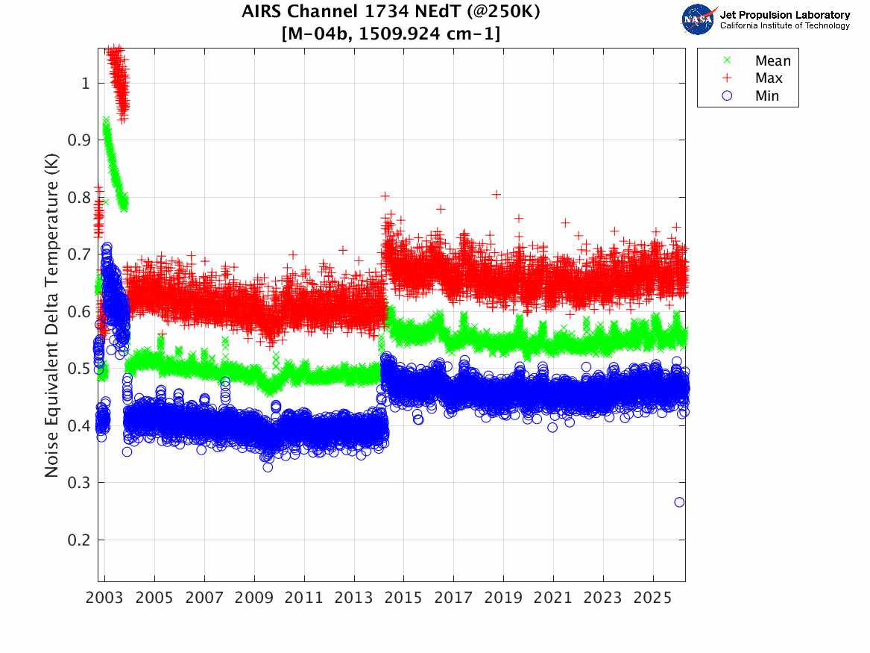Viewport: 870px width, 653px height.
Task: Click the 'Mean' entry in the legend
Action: pyautogui.click(x=772, y=61)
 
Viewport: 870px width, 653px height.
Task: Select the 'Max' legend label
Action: pyautogui.click(x=769, y=78)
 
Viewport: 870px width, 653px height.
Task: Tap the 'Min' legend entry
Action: pyautogui.click(x=767, y=96)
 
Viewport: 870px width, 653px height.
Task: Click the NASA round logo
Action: pyautogui.click(x=699, y=19)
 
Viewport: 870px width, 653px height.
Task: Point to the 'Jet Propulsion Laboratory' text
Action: pyautogui.click(x=784, y=15)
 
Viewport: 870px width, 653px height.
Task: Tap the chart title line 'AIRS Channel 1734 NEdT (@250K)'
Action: pyautogui.click(x=391, y=13)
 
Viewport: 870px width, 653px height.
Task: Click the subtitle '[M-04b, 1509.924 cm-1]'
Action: pyautogui.click(x=391, y=34)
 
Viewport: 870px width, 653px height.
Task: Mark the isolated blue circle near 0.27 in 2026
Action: pyautogui.click(x=679, y=502)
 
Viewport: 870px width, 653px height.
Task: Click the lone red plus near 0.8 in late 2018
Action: pyautogui.click(x=497, y=195)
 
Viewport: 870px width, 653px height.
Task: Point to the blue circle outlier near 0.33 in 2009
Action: pyautogui.click(x=268, y=467)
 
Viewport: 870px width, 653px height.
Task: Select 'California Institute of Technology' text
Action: pyautogui.click(x=784, y=26)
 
